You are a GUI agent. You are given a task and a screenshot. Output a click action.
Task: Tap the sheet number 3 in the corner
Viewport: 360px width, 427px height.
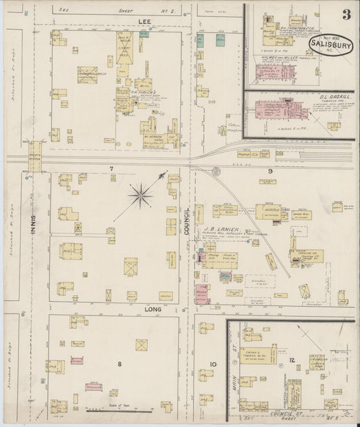346,14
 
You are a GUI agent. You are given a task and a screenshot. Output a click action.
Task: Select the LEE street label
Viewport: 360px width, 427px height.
143,22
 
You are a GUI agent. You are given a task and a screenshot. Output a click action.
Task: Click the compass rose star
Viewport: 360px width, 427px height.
140,196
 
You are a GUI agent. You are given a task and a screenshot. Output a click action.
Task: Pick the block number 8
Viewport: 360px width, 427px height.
120,364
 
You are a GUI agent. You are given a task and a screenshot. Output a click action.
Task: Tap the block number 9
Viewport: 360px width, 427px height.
269,171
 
